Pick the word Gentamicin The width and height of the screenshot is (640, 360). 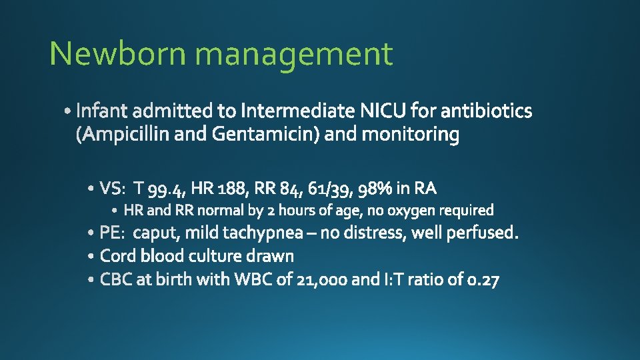(x=266, y=135)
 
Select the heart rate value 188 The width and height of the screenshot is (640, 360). (x=233, y=189)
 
